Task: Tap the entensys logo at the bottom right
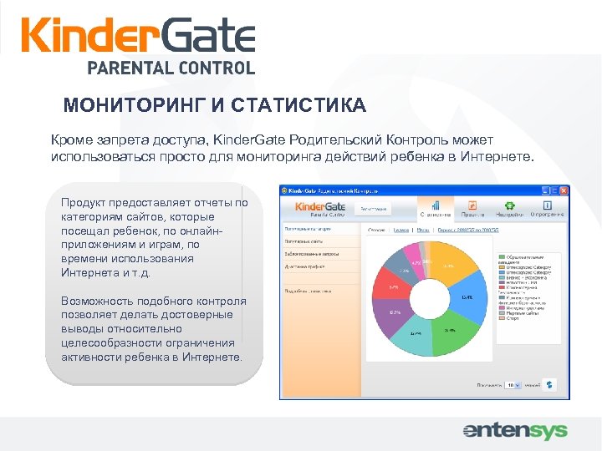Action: (515, 431)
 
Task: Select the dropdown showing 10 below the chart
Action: (512, 386)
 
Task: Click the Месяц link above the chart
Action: (425, 227)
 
